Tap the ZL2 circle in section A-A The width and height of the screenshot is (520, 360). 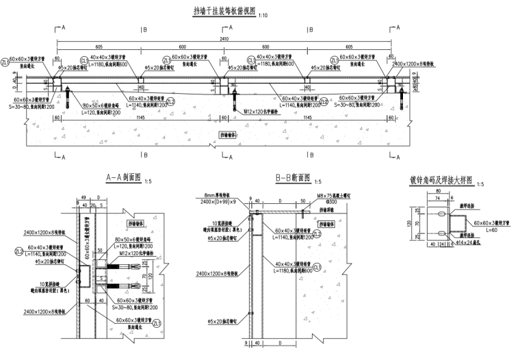[19, 252]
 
